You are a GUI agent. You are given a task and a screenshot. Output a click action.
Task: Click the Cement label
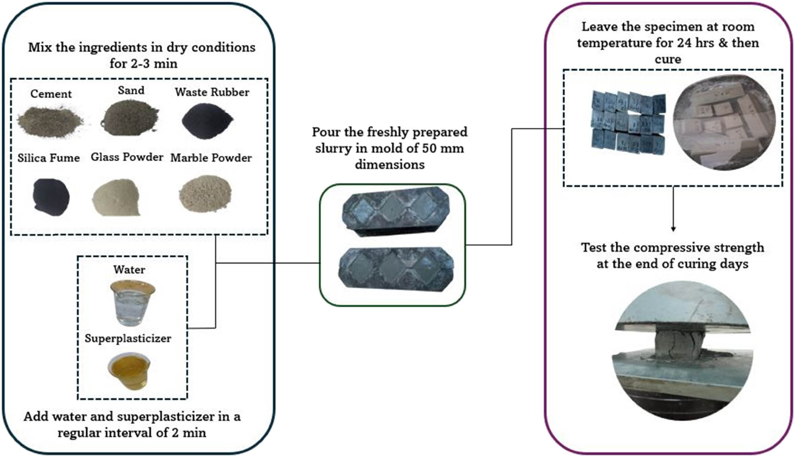click(51, 94)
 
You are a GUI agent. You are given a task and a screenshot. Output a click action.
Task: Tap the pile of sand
click(130, 118)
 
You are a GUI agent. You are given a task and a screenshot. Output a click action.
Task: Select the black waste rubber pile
click(207, 121)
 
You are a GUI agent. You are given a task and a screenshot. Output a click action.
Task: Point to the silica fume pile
click(51, 197)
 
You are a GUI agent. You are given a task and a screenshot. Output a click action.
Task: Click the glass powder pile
click(116, 198)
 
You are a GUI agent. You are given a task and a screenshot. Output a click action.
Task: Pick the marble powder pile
click(205, 194)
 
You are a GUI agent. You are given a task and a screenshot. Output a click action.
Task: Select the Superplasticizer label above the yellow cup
click(128, 339)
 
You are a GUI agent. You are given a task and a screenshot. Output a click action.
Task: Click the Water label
click(129, 270)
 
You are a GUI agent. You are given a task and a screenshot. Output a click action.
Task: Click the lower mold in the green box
click(396, 269)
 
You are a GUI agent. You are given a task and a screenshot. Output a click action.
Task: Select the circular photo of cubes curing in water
click(723, 122)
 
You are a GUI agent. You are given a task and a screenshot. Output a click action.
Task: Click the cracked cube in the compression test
click(678, 341)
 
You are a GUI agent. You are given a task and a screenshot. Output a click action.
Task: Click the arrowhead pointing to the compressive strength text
click(673, 229)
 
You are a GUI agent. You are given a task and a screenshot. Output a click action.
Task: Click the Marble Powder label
click(211, 158)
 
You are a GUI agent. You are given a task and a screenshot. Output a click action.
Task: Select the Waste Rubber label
click(212, 92)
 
